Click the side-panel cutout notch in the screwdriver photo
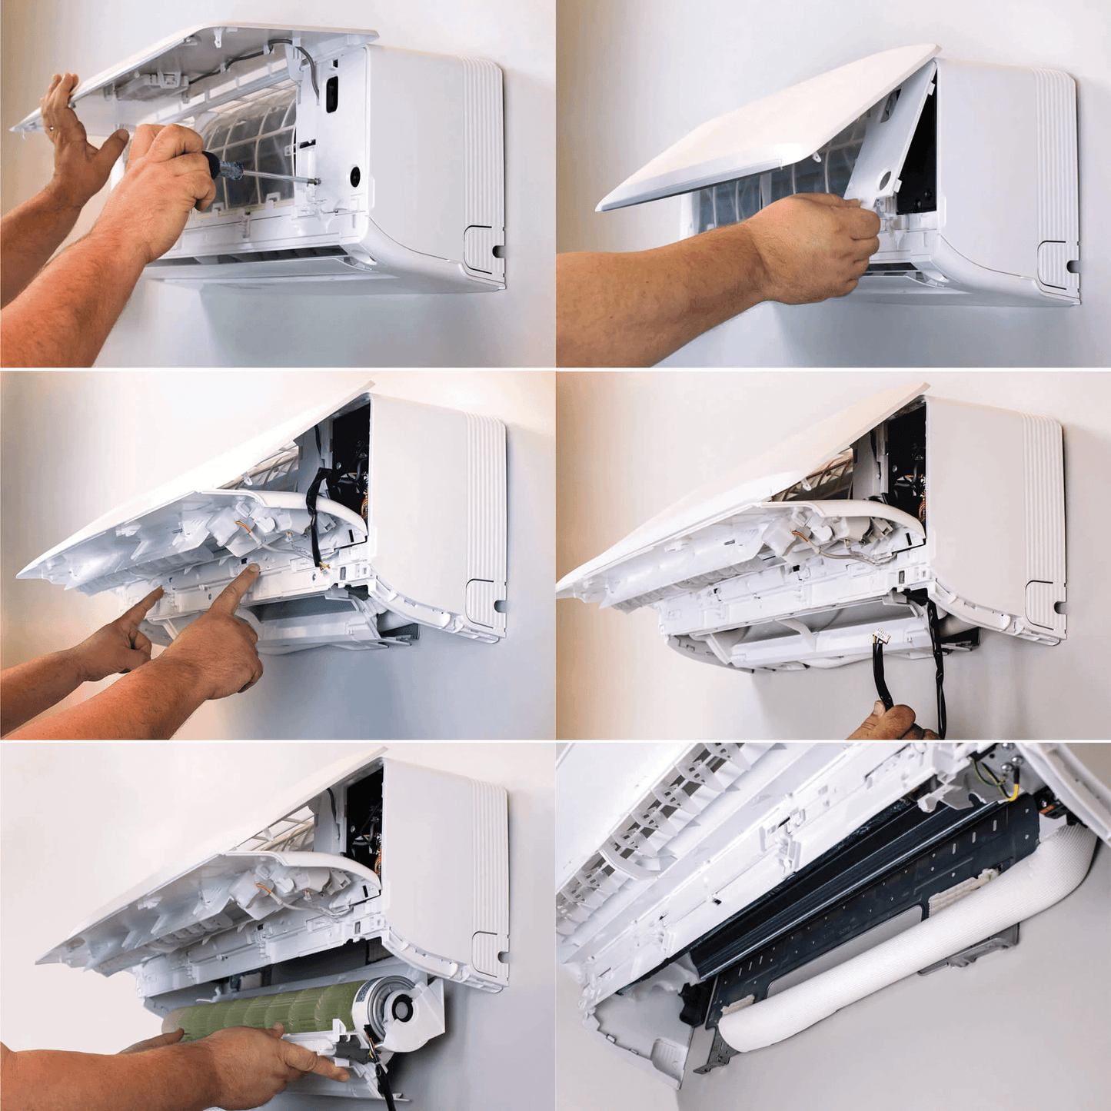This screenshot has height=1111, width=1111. [x=484, y=248]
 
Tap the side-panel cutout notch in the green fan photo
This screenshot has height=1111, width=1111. [x=488, y=954]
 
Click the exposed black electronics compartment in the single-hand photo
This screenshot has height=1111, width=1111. [x=919, y=161]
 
